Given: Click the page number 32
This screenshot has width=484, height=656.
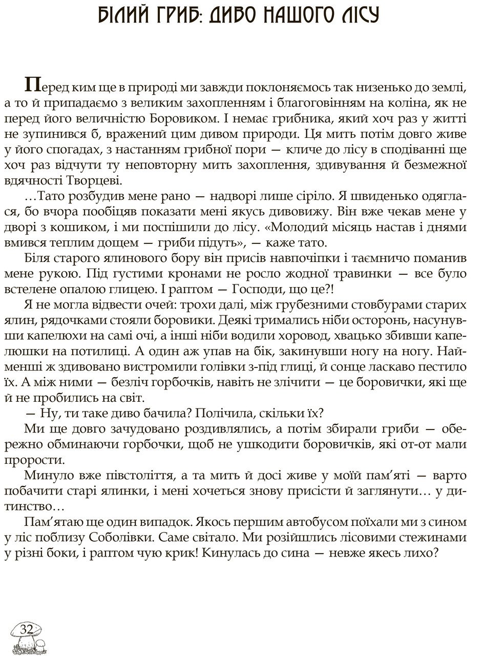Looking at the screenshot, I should tap(26, 629).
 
